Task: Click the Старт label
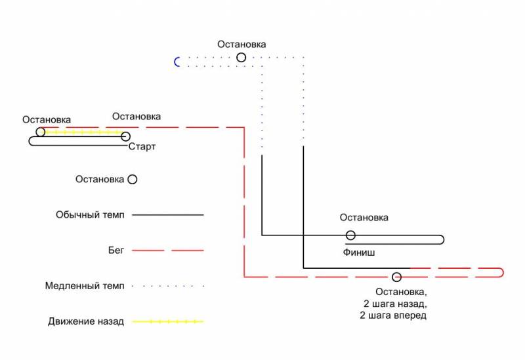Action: tap(142, 146)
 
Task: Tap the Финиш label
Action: tap(358, 252)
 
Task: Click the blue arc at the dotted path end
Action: tap(175, 62)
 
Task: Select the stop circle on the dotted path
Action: tap(241, 58)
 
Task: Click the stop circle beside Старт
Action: tap(125, 136)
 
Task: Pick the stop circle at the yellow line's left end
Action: tap(41, 132)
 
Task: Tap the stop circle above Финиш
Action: tap(350, 235)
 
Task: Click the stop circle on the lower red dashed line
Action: tap(397, 277)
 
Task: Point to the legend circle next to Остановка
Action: tap(133, 179)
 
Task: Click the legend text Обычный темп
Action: tap(90, 215)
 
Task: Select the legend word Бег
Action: tap(116, 250)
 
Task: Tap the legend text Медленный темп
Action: tap(85, 286)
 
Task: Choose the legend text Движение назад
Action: tap(86, 321)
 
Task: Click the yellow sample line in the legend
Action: tap(168, 321)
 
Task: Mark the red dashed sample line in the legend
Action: tap(168, 250)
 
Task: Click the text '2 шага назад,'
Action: tap(395, 304)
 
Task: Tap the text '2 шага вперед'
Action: tap(393, 315)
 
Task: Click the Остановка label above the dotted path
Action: tap(241, 44)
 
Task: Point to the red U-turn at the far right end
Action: tap(503, 273)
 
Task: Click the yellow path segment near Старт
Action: tap(83, 132)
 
